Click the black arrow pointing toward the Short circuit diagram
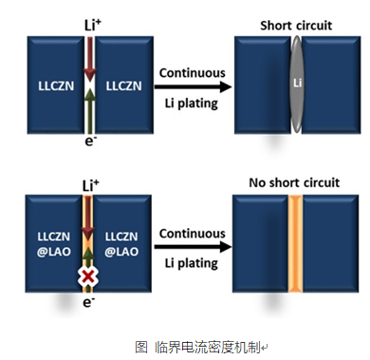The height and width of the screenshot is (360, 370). (193, 88)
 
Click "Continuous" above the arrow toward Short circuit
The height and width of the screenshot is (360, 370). (192, 72)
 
